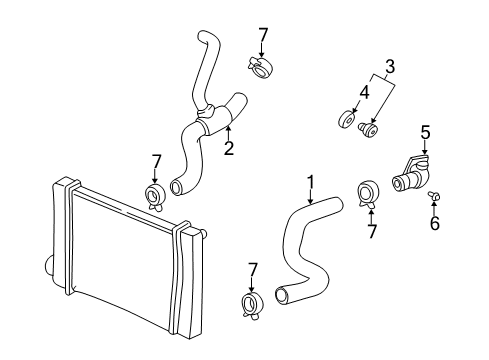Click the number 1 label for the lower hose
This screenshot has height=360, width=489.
[310, 182]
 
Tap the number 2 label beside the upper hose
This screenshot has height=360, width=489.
[228, 149]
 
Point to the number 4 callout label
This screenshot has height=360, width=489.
[363, 93]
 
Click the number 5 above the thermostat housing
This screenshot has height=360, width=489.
[424, 130]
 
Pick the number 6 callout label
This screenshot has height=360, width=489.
[434, 225]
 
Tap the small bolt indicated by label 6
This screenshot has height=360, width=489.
[435, 196]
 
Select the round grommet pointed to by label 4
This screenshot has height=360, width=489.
[347, 123]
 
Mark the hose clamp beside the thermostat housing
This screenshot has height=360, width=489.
[368, 191]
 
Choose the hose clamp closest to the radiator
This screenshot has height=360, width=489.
[155, 194]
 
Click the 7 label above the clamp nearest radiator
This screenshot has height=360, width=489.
[155, 160]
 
